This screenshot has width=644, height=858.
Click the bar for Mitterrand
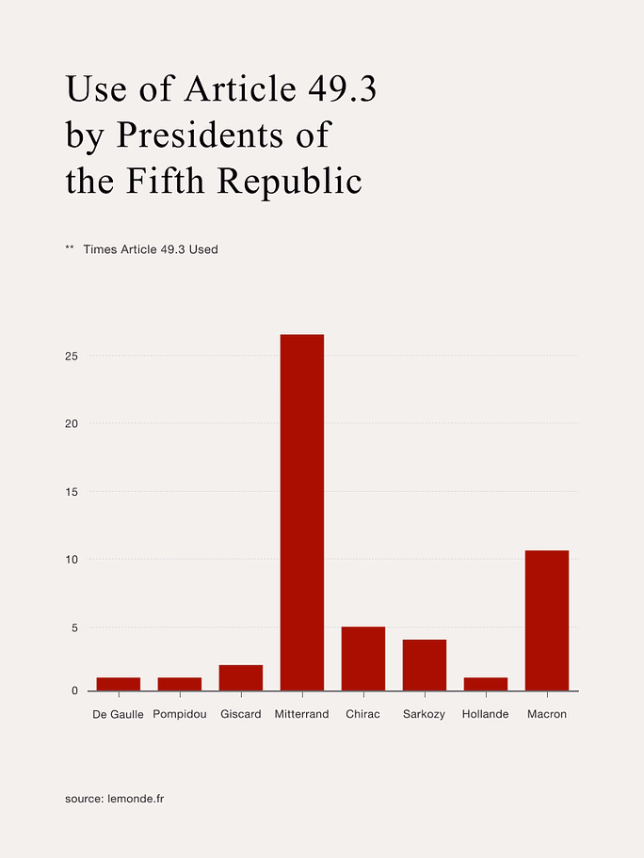(302, 513)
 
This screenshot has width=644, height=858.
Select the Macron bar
(547, 621)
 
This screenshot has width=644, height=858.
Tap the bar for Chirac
(363, 659)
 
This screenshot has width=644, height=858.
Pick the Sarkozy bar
(425, 665)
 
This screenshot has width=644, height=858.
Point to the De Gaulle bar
(119, 684)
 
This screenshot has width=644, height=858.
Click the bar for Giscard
(241, 677)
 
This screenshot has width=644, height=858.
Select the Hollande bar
(486, 684)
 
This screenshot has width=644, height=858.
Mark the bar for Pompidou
(180, 684)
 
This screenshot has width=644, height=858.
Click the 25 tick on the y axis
(71, 357)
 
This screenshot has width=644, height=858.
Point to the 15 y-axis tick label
(71, 492)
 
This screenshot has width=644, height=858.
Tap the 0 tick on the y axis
(74, 691)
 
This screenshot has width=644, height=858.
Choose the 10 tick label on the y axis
(71, 560)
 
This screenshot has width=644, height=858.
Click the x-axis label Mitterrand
(302, 714)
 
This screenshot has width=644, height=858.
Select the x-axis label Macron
(547, 714)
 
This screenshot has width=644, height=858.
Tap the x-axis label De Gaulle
(119, 714)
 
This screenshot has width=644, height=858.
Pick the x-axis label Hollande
(486, 714)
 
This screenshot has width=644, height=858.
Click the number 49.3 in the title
(342, 88)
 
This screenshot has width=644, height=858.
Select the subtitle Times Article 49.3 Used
(151, 249)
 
